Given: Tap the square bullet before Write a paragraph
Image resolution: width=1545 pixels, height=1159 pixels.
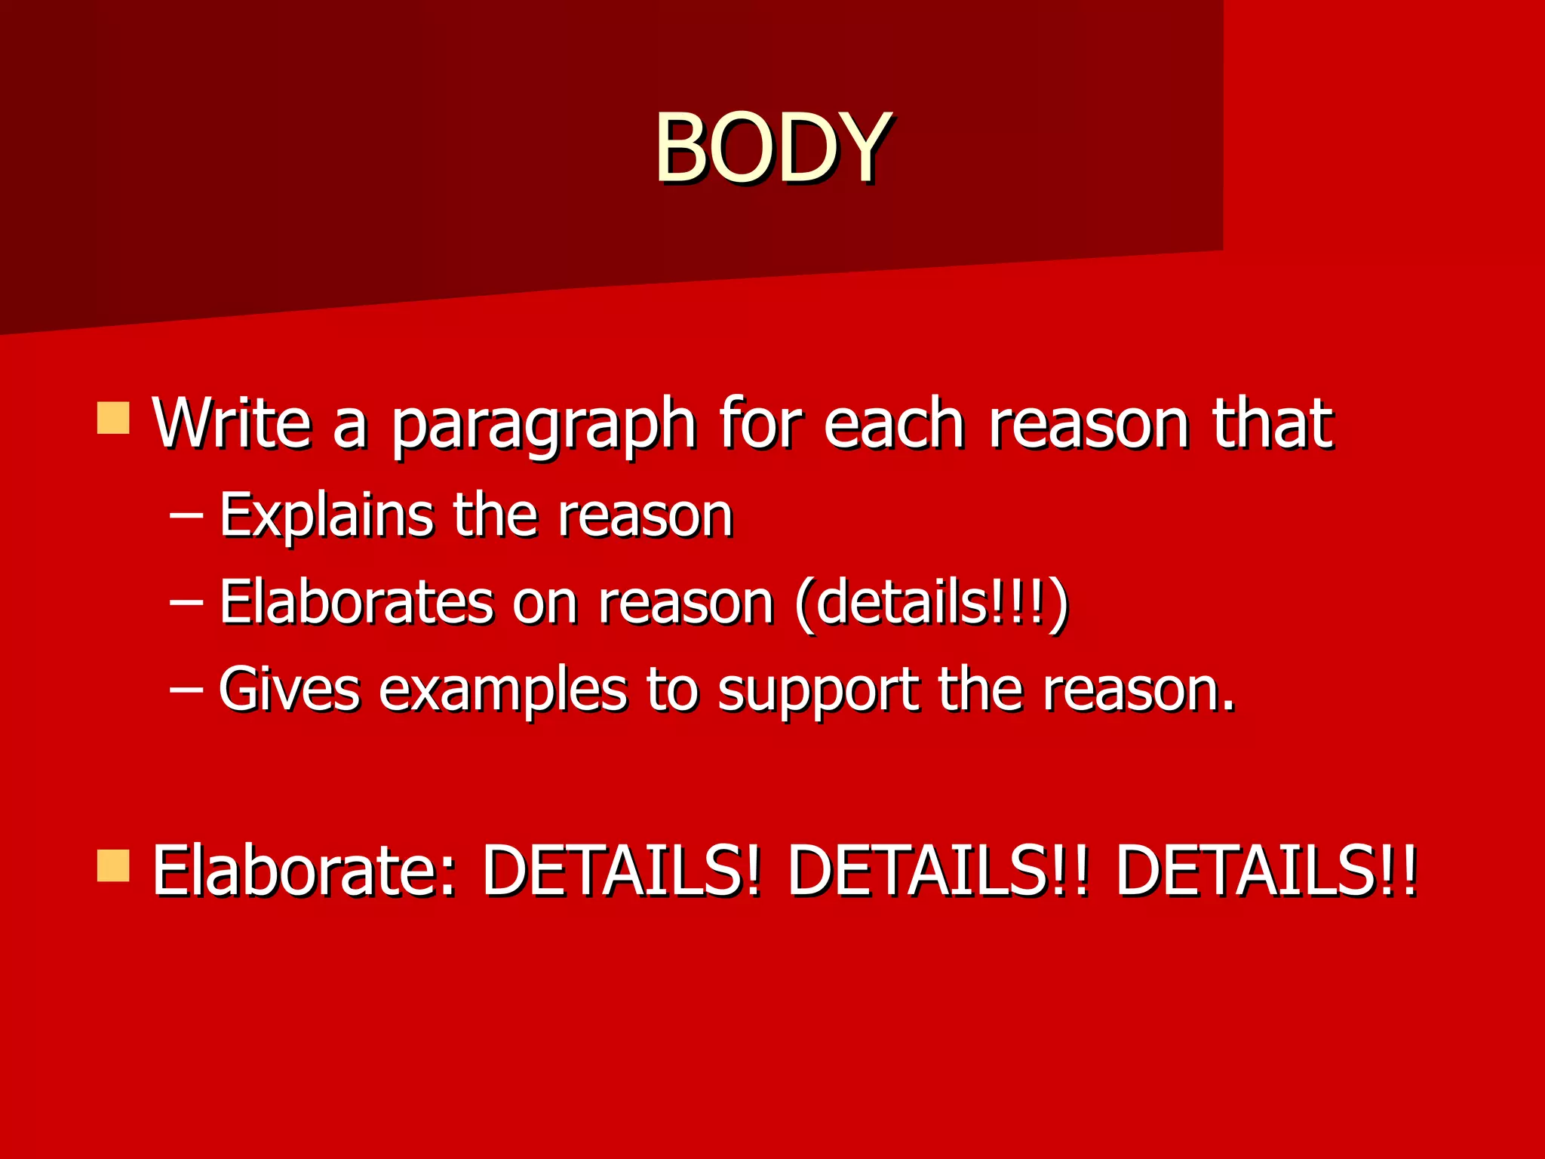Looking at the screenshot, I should pyautogui.click(x=113, y=418).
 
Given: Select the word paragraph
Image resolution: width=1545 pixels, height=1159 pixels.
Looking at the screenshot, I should pyautogui.click(x=543, y=426).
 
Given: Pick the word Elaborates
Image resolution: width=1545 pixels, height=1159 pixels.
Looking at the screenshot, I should pyautogui.click(x=356, y=603).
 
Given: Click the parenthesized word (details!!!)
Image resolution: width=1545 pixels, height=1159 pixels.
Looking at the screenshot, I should pyautogui.click(x=932, y=604).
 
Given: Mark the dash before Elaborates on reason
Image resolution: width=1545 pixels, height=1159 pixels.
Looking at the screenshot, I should pyautogui.click(x=186, y=604).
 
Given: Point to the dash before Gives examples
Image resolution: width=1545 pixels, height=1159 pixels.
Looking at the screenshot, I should pyautogui.click(x=186, y=690).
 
